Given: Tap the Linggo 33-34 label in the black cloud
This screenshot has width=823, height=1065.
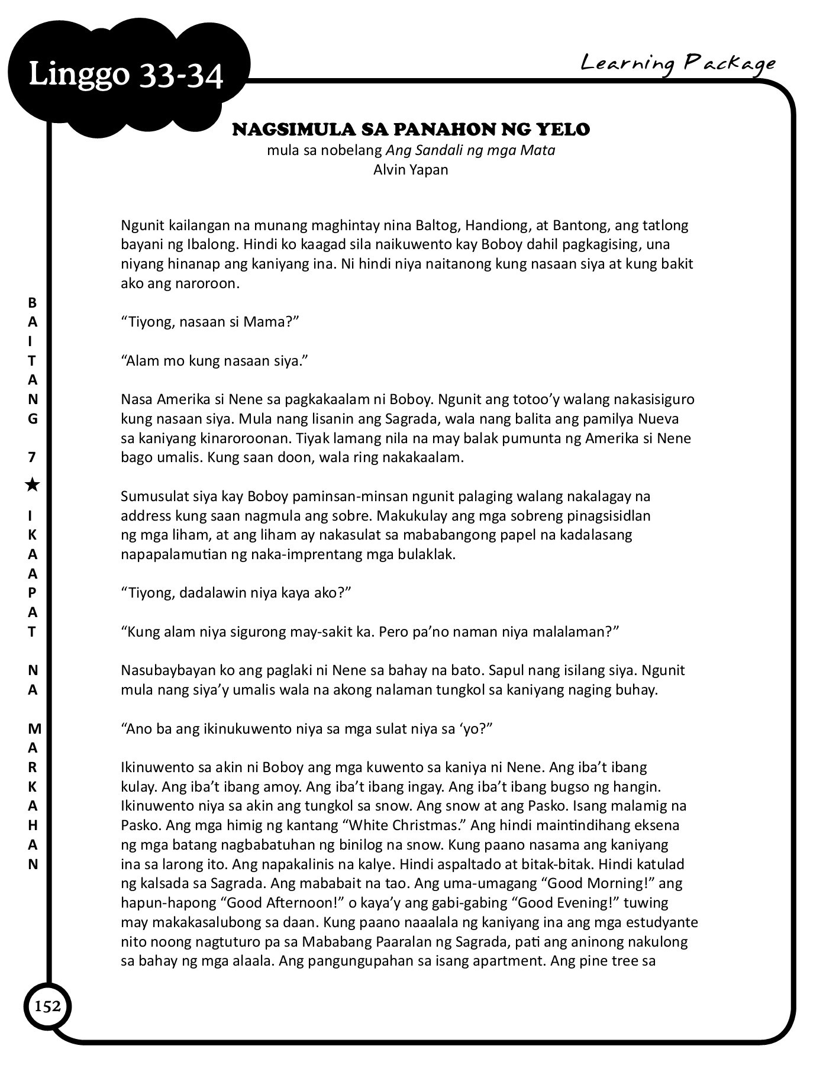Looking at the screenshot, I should tap(126, 76).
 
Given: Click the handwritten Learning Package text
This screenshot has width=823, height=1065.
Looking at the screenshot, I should tap(677, 63).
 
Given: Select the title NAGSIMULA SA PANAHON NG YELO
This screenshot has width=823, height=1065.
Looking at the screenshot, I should tap(411, 130).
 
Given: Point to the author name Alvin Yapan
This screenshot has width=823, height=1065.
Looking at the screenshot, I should tap(411, 170).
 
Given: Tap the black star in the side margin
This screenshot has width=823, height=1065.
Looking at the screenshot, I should tap(33, 485).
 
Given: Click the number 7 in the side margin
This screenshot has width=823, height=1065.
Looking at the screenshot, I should tap(33, 457).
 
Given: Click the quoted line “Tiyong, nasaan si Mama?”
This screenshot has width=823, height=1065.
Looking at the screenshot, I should tap(209, 322).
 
